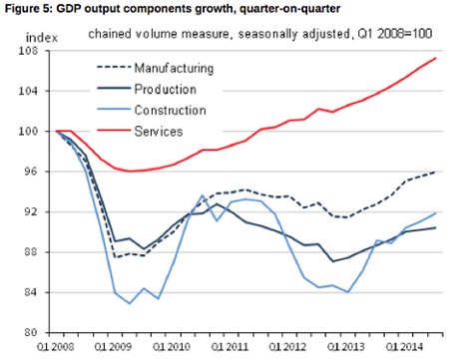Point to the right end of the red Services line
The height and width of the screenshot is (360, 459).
click(436, 58)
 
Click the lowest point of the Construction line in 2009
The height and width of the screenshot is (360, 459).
click(130, 303)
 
